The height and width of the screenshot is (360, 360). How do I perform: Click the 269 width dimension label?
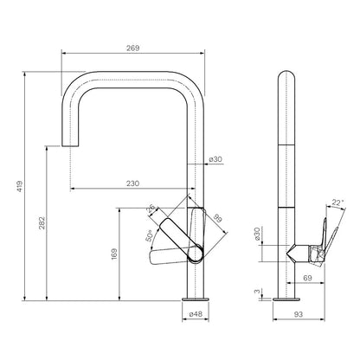point(132,48)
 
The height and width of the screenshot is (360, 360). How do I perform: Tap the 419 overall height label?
point(19,186)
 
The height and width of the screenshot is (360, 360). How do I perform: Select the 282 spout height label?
point(42,223)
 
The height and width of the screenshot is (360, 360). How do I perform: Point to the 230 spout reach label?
point(132,183)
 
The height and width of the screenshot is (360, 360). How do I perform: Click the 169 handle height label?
point(114,254)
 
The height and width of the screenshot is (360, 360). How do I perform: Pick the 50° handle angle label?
point(149,235)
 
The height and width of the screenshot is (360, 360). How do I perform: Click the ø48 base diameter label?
point(196,314)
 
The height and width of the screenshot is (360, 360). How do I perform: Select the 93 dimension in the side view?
point(299,314)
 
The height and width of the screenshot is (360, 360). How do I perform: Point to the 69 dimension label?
point(307,278)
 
